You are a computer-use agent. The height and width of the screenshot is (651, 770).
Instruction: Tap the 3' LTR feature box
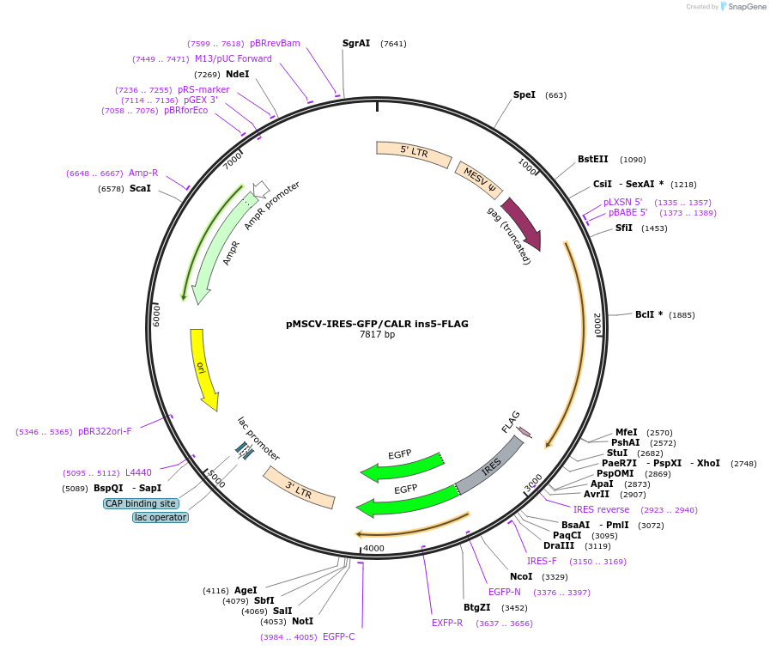coord(298,488)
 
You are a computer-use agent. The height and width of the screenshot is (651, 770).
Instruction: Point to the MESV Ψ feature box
coord(479,179)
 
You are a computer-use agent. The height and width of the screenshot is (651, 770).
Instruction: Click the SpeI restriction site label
coord(524,94)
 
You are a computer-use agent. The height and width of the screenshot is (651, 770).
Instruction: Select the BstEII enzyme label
coord(592,159)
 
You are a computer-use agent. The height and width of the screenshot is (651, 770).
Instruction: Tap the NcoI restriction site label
coord(521,576)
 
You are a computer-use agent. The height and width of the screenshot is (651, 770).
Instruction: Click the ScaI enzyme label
coord(140,188)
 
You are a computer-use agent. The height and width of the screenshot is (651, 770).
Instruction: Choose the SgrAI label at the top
coord(356,43)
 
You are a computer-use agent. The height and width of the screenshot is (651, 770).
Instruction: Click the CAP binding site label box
coord(141,503)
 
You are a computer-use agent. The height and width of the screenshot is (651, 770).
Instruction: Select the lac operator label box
coord(161,517)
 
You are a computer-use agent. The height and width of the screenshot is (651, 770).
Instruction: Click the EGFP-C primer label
coord(338,636)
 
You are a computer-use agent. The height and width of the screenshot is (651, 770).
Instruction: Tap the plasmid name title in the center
coord(377,324)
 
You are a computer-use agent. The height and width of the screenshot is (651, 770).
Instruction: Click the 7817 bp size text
coord(377,335)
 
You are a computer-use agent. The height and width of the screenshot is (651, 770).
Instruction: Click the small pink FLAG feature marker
coord(524,431)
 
